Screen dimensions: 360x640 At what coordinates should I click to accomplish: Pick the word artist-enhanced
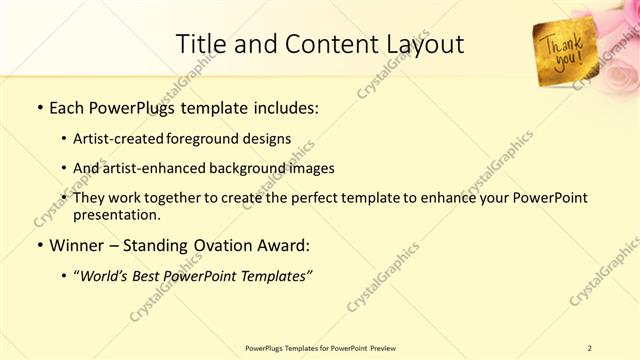coord(149,168)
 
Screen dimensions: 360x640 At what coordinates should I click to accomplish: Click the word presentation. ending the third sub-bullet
coord(116,214)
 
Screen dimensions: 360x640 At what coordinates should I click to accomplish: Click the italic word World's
coord(104,277)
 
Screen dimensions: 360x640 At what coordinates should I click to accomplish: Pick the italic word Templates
coord(271,277)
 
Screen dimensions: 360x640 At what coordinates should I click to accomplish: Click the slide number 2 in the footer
coord(589,348)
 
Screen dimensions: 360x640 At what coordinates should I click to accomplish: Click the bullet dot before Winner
coord(39,246)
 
